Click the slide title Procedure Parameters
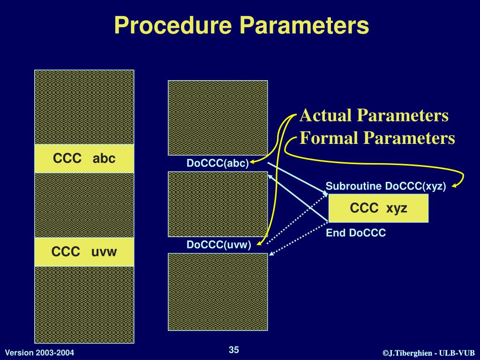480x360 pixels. tap(241, 25)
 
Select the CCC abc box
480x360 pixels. tap(84, 158)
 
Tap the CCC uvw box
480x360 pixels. tap(84, 252)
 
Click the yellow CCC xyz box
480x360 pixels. tap(379, 208)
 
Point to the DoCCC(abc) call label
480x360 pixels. tap(217, 163)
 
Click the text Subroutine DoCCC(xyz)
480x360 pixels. tap(386, 186)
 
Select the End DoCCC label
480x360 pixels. tap(356, 233)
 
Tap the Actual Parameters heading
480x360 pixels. tap(374, 115)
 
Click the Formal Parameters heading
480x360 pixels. tap(377, 138)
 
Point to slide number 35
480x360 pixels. tap(234, 350)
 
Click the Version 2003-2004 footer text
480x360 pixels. tap(39, 352)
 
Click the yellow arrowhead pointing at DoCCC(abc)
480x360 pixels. tap(252, 162)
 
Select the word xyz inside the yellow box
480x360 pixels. tap(397, 208)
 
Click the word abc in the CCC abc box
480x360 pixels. tap(104, 158)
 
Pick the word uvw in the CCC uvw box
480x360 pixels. tap(104, 252)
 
